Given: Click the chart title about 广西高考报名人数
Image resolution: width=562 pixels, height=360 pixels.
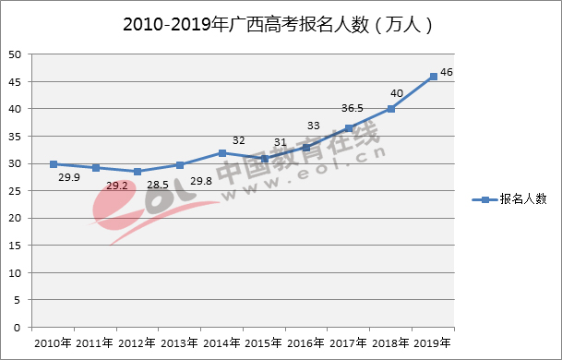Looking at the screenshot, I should tap(278, 25).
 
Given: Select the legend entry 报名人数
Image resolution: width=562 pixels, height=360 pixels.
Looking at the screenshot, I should tap(509, 198).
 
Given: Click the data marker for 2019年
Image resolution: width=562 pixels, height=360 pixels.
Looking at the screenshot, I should tap(433, 77).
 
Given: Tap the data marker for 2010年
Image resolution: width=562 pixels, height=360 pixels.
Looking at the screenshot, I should tap(54, 164).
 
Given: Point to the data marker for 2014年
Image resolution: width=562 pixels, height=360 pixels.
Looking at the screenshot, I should tap(222, 153).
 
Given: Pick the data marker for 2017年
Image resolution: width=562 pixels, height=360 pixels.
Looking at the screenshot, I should tap(349, 128).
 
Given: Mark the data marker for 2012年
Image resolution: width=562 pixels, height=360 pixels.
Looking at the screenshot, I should tap(138, 172).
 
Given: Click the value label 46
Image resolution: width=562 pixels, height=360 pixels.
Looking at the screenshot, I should tap(447, 71).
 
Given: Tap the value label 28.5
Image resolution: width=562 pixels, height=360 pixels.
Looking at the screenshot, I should tap(159, 186).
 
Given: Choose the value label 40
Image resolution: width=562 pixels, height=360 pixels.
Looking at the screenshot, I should tap(397, 92).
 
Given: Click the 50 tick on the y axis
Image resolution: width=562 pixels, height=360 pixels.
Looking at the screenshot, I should tap(16, 54).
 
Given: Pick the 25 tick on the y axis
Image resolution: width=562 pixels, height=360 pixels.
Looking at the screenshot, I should tap(16, 191).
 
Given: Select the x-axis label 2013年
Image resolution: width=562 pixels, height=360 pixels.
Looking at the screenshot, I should tap(179, 343).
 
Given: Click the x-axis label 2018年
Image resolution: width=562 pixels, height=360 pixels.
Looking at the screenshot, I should tap(390, 343).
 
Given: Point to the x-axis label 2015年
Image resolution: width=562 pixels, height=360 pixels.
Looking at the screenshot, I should tap(264, 343).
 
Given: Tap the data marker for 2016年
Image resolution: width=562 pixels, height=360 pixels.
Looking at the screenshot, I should tap(306, 148).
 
